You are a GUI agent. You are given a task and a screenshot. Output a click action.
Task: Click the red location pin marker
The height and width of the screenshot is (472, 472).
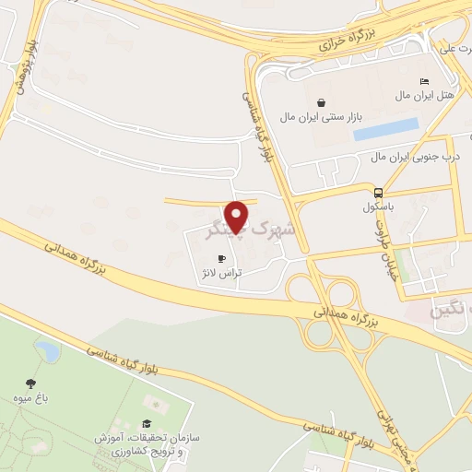tap(238, 216)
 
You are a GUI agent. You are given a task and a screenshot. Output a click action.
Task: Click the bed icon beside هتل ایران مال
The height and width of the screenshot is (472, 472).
tap(424, 81)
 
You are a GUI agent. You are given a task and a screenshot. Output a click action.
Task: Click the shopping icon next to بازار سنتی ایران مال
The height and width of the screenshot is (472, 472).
tap(320, 102)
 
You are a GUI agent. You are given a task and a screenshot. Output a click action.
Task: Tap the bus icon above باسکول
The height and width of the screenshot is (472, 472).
tap(378, 193)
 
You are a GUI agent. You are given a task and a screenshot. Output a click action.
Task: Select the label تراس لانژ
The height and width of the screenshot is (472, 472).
tap(219, 274)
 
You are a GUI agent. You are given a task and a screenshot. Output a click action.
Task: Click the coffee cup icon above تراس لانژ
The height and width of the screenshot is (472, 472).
tap(220, 259)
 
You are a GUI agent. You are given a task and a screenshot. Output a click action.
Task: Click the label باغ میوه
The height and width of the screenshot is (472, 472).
tap(32, 399)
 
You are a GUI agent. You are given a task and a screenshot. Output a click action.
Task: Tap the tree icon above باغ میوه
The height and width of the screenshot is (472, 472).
tap(32, 383)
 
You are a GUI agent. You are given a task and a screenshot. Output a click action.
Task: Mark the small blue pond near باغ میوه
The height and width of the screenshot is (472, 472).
tap(46, 350)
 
